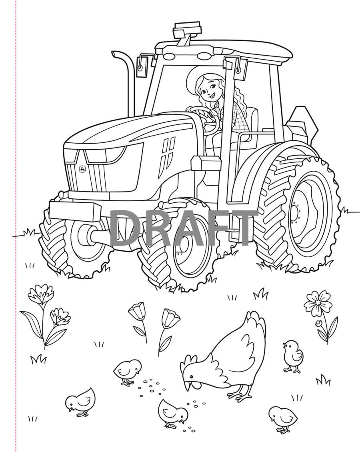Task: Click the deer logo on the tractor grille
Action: click(x=82, y=169)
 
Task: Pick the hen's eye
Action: click(x=191, y=376)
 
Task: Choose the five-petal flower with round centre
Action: click(x=317, y=303)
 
